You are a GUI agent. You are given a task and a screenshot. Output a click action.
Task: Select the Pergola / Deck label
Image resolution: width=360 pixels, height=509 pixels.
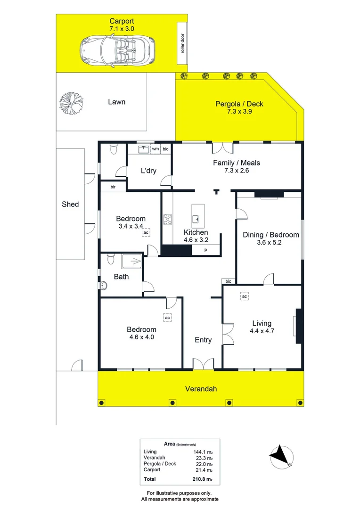(239, 104)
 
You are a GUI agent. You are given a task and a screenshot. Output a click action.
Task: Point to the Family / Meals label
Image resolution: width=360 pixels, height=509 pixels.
(237, 163)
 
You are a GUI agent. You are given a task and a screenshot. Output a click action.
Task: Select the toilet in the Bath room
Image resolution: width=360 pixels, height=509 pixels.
(110, 259)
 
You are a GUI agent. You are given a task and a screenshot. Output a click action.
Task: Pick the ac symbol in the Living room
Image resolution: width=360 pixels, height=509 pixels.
(244, 296)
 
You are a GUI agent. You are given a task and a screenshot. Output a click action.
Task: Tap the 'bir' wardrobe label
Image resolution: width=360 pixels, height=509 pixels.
(113, 187)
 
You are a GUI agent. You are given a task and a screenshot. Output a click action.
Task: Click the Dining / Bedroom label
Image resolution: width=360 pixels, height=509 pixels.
(270, 235)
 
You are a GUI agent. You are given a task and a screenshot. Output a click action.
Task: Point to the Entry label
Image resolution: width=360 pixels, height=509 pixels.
(203, 340)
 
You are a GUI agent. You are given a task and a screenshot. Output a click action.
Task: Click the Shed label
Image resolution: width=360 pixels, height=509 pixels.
(70, 205)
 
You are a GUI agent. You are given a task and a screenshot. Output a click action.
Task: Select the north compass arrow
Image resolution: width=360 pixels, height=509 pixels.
(281, 456)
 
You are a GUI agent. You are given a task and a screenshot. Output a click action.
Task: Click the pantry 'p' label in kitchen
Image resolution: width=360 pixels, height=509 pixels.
(205, 250)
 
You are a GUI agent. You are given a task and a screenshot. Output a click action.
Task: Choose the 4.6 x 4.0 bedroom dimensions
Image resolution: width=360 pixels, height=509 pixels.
(141, 337)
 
